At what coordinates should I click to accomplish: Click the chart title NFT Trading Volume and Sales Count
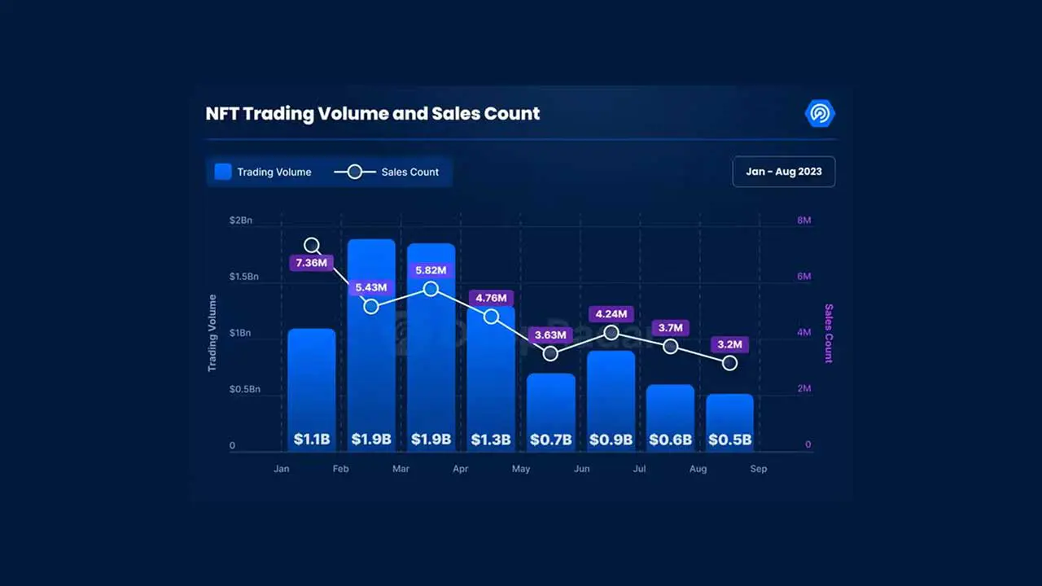[373, 113]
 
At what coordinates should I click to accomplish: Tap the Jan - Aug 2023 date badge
[783, 172]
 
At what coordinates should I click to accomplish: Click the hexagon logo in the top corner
[819, 114]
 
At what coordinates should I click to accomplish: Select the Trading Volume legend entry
[263, 172]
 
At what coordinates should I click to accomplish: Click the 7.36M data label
[311, 263]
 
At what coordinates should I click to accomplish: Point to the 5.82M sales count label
[431, 270]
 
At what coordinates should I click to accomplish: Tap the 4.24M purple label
[611, 314]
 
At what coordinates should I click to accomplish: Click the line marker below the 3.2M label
[729, 363]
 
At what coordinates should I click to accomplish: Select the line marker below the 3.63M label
[550, 353]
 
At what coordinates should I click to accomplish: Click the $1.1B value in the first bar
[311, 439]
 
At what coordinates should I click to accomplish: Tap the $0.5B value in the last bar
[729, 439]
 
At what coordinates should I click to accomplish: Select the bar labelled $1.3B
[491, 374]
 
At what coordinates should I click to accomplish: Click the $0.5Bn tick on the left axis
[243, 389]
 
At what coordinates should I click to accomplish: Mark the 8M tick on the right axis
[803, 221]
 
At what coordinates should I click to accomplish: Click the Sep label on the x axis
[758, 469]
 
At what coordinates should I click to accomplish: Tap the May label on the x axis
[520, 469]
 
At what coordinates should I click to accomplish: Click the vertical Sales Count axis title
[829, 333]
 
